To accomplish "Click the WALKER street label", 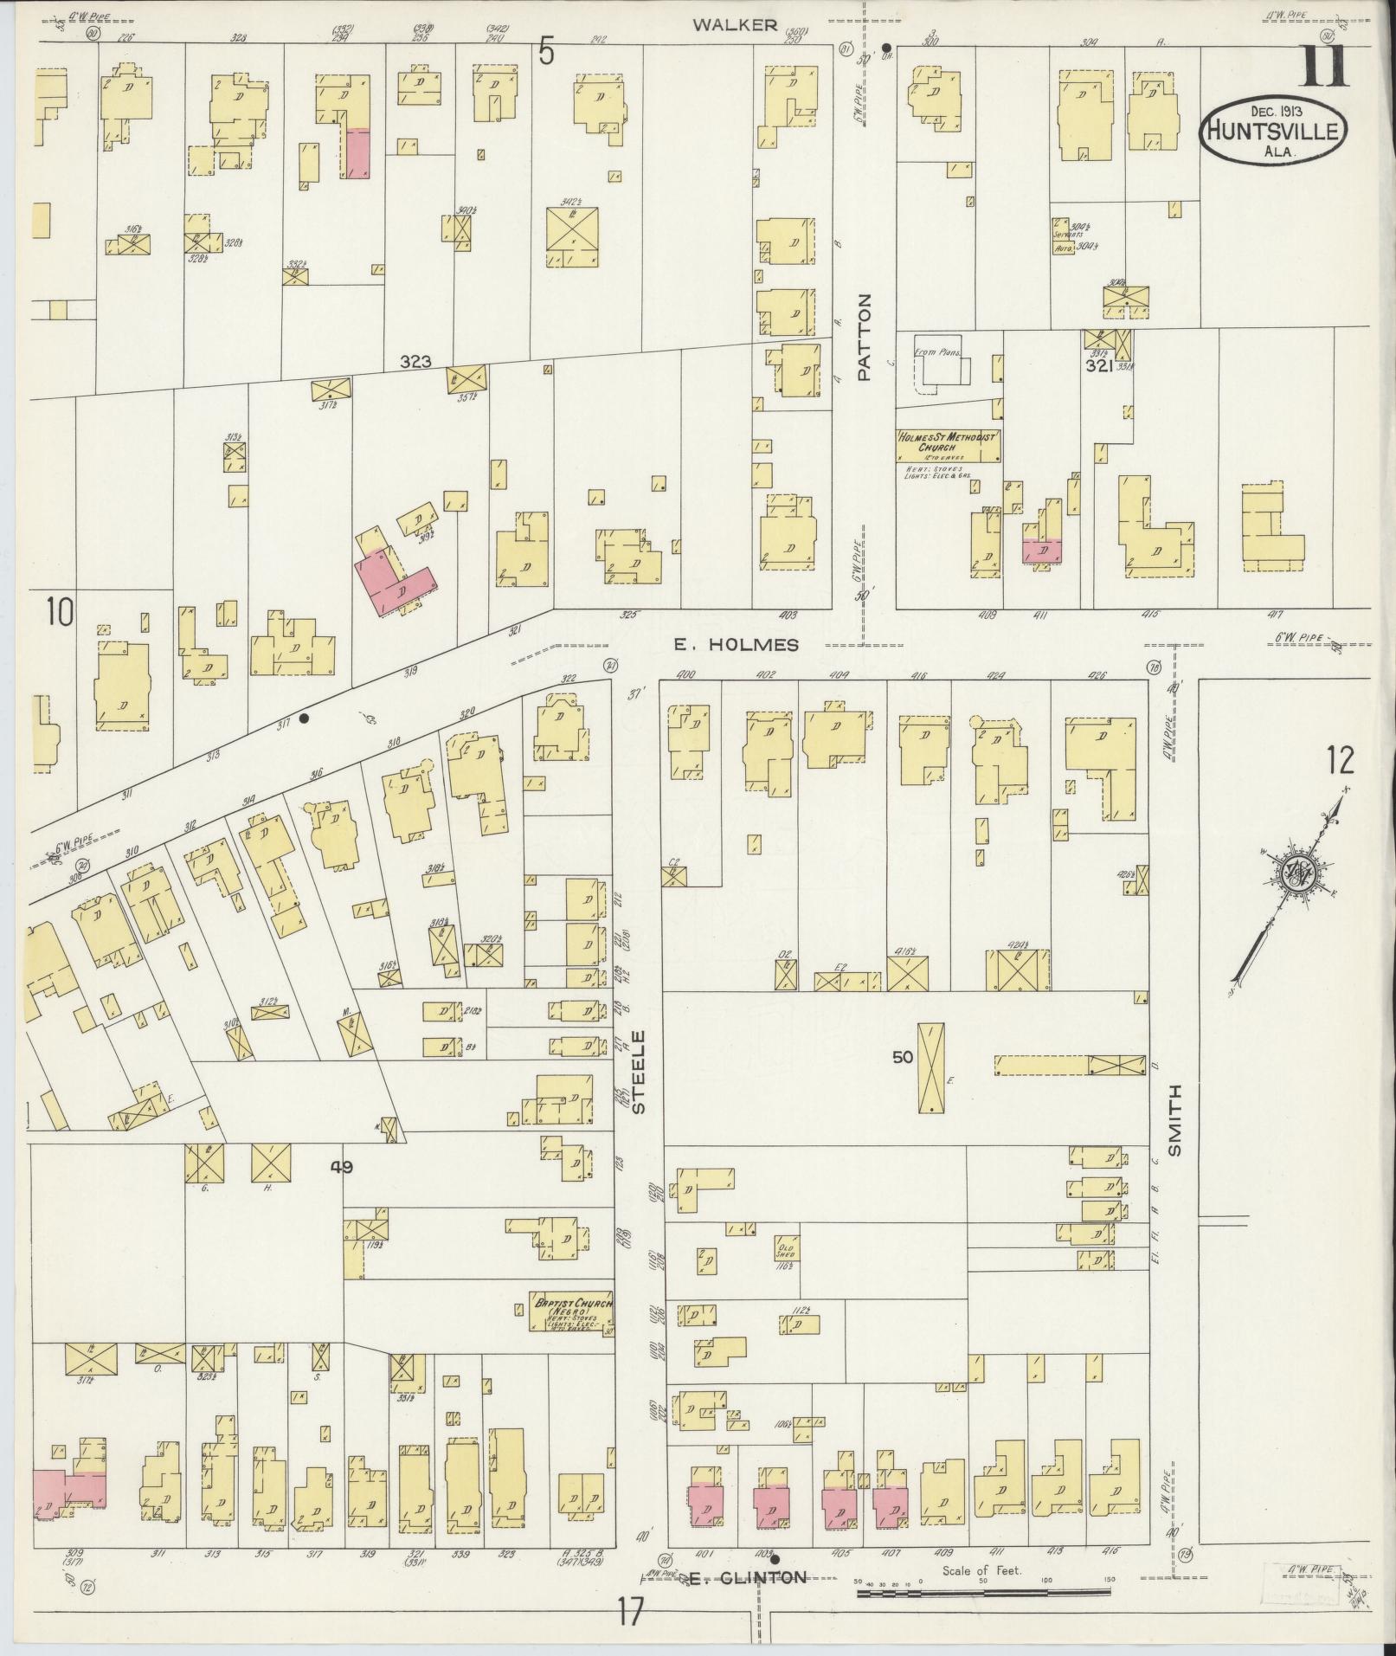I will (x=747, y=25).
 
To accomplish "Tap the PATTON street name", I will (x=863, y=338).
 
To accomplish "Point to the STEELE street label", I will (x=639, y=1072).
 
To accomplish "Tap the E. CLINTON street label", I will (x=749, y=1577).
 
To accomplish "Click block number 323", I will (x=416, y=363).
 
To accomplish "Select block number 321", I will (x=1100, y=366).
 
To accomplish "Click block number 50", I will (x=904, y=1056).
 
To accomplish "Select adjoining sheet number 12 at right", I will (x=1340, y=760).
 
